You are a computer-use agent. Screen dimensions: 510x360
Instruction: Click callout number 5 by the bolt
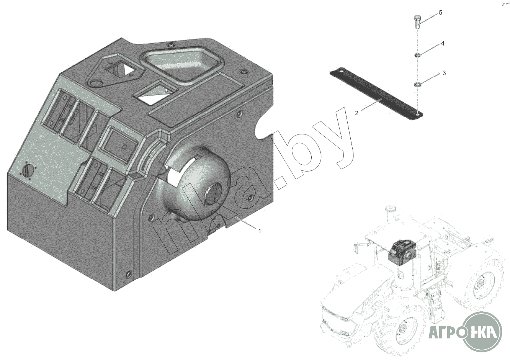point(441,13)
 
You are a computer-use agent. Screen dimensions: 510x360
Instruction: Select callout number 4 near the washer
point(443,43)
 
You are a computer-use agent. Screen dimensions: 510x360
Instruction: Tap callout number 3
point(444,73)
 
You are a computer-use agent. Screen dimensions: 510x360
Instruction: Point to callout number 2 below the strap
point(357,113)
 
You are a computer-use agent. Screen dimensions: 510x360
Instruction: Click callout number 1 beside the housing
point(260,231)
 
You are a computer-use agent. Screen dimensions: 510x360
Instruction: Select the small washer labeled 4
point(417,55)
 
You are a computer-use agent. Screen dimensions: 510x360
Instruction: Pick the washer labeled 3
point(417,85)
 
